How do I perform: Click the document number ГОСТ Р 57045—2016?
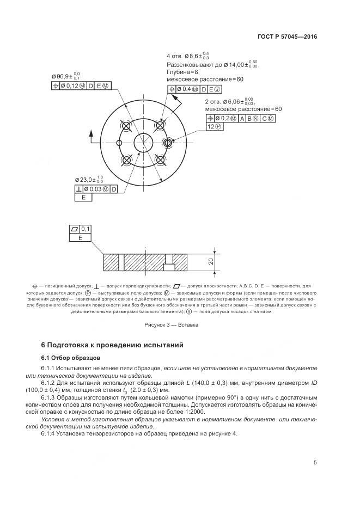[x=287, y=37]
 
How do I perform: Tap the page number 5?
[x=315, y=463]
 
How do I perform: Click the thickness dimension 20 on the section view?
[x=210, y=261]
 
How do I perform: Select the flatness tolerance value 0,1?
[x=87, y=229]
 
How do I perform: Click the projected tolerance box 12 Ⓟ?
[x=214, y=126]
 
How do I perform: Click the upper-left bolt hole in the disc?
[x=127, y=126]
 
